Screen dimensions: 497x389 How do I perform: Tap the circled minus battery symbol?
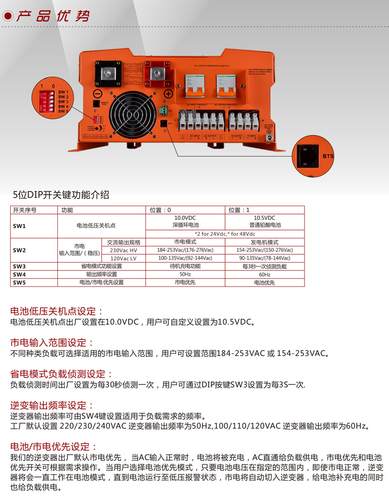(97, 93)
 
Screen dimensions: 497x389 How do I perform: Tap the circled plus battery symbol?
(168, 93)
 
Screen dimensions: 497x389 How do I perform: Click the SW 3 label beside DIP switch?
(63, 102)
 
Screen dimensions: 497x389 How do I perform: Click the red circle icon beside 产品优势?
(7, 16)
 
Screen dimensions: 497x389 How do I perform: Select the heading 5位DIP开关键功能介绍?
(61, 195)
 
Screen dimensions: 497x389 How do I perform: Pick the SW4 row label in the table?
(19, 274)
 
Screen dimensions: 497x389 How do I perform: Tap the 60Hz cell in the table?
(265, 274)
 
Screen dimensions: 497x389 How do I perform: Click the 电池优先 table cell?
(265, 282)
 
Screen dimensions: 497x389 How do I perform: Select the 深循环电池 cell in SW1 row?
(185, 225)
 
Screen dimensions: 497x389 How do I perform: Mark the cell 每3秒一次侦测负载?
(265, 266)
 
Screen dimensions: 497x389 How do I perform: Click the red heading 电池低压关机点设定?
(57, 311)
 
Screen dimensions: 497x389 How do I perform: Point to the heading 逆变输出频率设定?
(52, 405)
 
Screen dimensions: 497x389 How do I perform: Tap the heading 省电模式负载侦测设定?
(62, 374)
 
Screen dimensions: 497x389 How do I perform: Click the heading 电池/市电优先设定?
(54, 446)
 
